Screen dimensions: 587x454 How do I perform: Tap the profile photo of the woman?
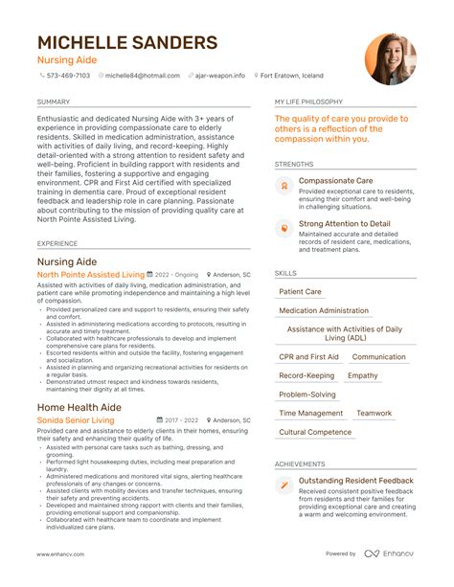(391, 59)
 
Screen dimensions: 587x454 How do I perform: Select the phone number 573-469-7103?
(68, 76)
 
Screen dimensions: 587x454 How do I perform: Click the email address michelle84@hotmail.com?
(142, 76)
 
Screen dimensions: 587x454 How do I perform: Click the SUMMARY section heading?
(53, 101)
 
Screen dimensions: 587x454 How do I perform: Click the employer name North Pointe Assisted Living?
(91, 274)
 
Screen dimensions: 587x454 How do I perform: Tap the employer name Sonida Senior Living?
(76, 420)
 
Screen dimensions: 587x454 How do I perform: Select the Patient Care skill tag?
(300, 292)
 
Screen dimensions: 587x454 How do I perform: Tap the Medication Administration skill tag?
(323, 311)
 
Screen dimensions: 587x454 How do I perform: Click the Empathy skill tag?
(363, 375)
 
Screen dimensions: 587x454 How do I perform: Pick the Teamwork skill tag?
(375, 414)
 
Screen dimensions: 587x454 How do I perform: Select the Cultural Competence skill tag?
(314, 432)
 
